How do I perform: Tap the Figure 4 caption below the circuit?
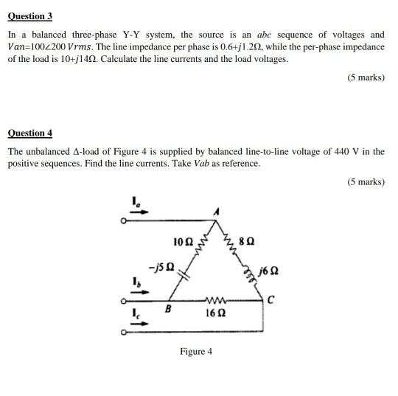pyautogui.click(x=196, y=351)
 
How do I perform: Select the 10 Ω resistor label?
pyautogui.click(x=182, y=242)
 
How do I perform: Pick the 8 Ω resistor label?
pyautogui.click(x=248, y=242)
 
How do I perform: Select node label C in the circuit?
pyautogui.click(x=271, y=299)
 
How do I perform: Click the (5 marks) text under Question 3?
pyautogui.click(x=366, y=77)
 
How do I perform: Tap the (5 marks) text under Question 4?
pyautogui.click(x=366, y=181)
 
